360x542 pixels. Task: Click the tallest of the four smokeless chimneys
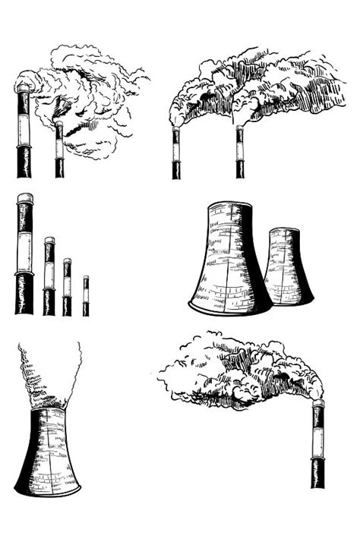[24, 254]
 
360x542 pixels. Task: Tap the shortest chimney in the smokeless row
[86, 296]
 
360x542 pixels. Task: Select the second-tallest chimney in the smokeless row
[49, 277]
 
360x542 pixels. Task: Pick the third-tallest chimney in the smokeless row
[67, 287]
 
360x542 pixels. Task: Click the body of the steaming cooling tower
[48, 452]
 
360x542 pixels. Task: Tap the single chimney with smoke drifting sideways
[317, 444]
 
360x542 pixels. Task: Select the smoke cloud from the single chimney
[235, 372]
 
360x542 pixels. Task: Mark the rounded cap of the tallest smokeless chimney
[25, 198]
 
